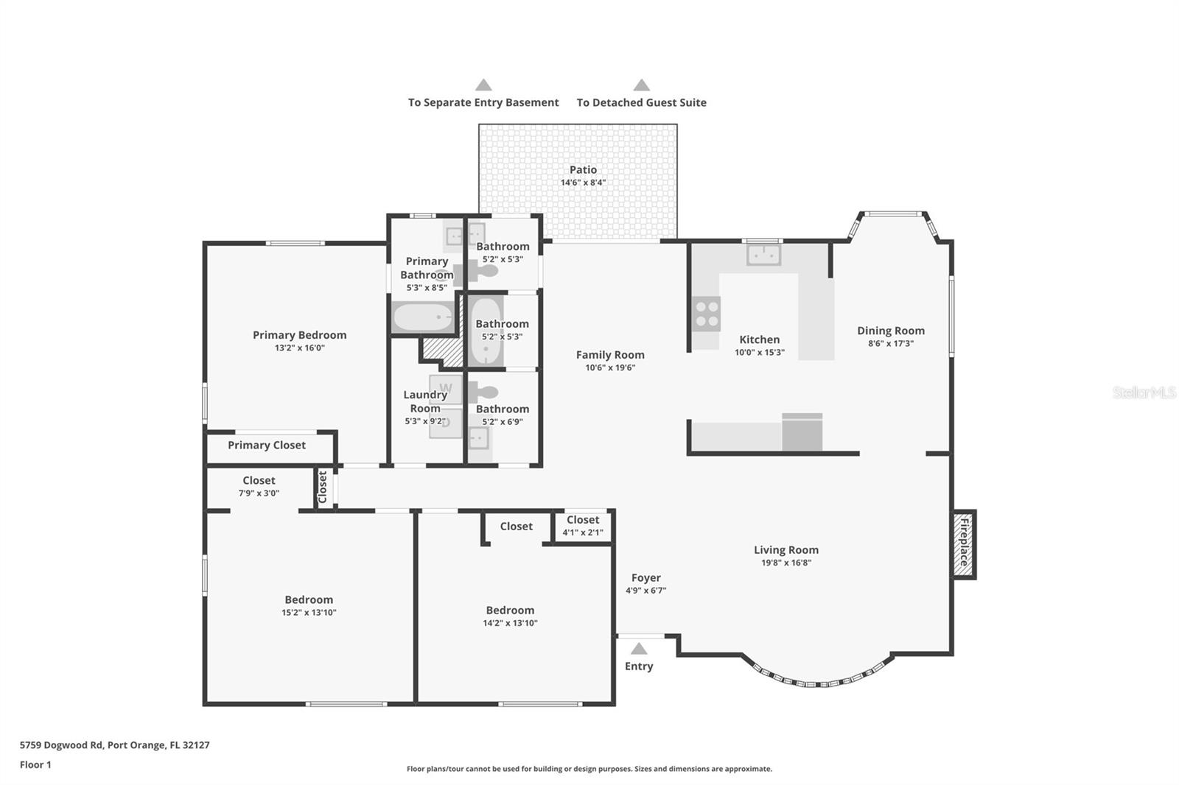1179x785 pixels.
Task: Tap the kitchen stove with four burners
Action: [x=706, y=314]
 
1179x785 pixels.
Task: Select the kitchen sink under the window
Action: [x=763, y=255]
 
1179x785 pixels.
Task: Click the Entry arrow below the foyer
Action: [x=638, y=648]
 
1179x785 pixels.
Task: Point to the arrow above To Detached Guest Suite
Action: [x=641, y=85]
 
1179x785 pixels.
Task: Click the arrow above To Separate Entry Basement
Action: [x=483, y=85]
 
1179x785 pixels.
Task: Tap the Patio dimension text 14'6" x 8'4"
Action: [x=583, y=183]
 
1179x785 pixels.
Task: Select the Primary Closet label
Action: [x=266, y=445]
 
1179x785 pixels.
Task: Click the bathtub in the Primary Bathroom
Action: [x=423, y=317]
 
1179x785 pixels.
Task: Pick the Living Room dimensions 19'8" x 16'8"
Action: [x=786, y=563]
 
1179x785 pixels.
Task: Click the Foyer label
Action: [x=646, y=577]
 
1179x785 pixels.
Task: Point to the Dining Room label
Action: [x=891, y=331]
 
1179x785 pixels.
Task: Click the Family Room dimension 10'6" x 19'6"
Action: [x=611, y=367]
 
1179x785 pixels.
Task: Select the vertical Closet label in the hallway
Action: [x=323, y=487]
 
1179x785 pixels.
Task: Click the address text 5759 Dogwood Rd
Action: [x=61, y=745]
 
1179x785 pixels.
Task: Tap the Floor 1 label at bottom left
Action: [x=35, y=765]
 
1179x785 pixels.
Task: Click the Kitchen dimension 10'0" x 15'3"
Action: [x=760, y=353]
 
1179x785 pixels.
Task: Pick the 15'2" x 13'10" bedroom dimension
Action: [x=309, y=613]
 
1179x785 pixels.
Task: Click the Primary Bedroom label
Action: [x=299, y=335]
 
